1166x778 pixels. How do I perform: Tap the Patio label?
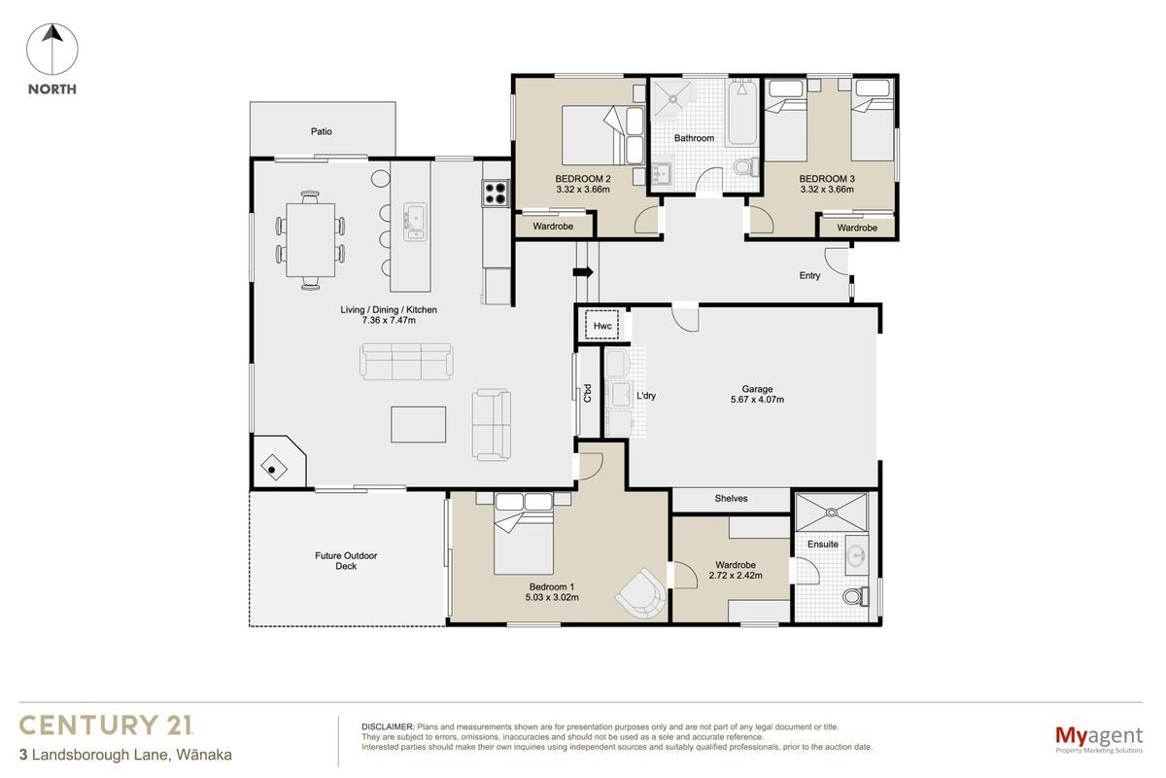pyautogui.click(x=322, y=131)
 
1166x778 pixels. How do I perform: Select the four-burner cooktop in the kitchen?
pyautogui.click(x=495, y=193)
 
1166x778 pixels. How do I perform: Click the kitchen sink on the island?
pyautogui.click(x=415, y=222)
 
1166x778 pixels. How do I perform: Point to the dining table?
pyautogui.click(x=310, y=239)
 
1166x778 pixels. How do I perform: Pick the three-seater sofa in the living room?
pyautogui.click(x=406, y=361)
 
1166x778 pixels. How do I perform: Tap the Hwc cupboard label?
pyautogui.click(x=602, y=326)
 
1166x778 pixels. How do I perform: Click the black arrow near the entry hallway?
pyautogui.click(x=583, y=272)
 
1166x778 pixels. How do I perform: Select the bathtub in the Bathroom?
pyautogui.click(x=741, y=113)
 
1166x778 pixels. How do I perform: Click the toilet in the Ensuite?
pyautogui.click(x=856, y=596)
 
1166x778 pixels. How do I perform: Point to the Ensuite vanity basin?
pyautogui.click(x=856, y=554)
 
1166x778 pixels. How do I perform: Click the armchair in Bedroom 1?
pyautogui.click(x=641, y=594)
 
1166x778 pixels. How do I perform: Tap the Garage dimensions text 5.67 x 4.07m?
pyautogui.click(x=757, y=400)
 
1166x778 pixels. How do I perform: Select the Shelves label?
pyautogui.click(x=731, y=498)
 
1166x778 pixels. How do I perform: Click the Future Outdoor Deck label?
pyautogui.click(x=346, y=561)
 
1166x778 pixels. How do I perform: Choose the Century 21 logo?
pyautogui.click(x=106, y=725)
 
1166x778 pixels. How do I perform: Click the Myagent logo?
pyautogui.click(x=1099, y=740)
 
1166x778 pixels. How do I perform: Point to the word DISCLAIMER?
pyautogui.click(x=388, y=726)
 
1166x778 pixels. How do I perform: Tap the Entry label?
pyautogui.click(x=809, y=275)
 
